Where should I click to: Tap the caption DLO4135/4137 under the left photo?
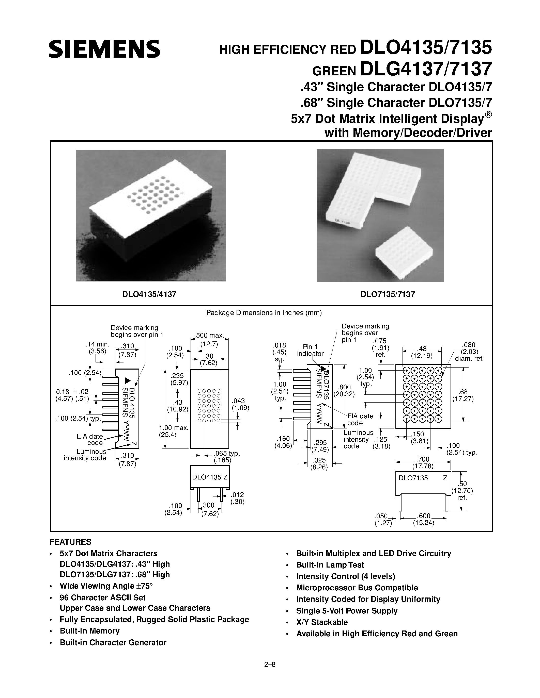(149, 294)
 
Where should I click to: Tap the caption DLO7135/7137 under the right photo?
(388, 294)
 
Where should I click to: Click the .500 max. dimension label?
(210, 336)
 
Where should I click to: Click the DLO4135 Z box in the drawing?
(210, 477)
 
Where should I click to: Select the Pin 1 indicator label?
(310, 350)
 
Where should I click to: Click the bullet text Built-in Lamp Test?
(330, 565)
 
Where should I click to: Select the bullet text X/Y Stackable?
(321, 622)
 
